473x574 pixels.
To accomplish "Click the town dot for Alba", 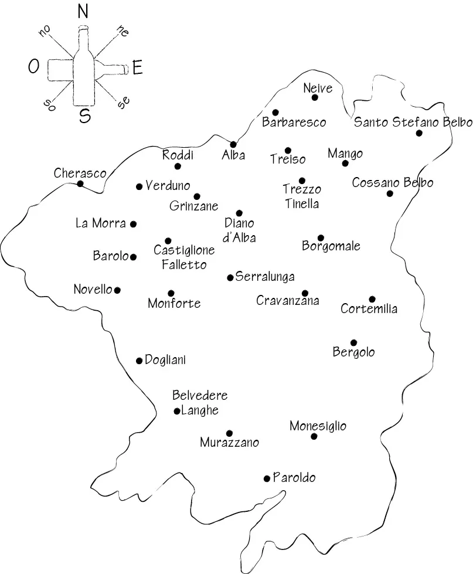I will (x=233, y=144).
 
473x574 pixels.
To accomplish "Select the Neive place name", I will (x=318, y=89).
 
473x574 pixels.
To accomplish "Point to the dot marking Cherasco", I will (x=80, y=184).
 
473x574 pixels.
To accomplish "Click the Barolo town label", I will (x=110, y=256).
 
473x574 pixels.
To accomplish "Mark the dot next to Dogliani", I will (x=139, y=361).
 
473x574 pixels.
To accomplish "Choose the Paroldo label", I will (x=294, y=478).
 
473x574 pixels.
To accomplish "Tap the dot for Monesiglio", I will (x=314, y=436).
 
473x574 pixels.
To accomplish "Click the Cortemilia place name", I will (x=369, y=309).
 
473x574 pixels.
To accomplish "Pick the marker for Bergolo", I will (x=353, y=342).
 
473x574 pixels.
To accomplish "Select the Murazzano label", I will (x=229, y=443).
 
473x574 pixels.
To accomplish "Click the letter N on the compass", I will (x=83, y=12).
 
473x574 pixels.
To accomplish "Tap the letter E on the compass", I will (x=138, y=69).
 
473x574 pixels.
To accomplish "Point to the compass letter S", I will (x=85, y=116).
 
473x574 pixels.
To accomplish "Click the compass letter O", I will (x=33, y=67).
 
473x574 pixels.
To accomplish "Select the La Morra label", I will (x=101, y=223).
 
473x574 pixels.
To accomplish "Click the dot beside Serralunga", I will (x=230, y=277).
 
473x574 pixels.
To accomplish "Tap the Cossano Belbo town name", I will (x=392, y=183).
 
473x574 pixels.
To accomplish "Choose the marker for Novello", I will (x=118, y=290).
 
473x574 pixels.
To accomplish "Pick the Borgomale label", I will (x=331, y=246).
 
